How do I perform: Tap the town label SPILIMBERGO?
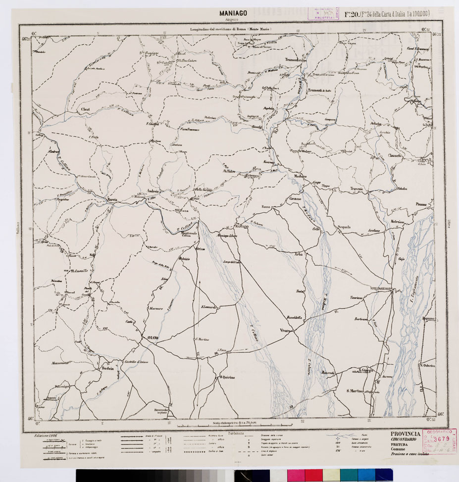(381, 288)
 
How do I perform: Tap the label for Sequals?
(344, 227)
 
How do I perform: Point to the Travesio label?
(357, 189)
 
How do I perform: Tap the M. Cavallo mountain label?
(79, 271)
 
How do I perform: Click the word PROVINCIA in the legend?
(406, 434)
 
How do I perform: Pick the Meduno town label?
(300, 176)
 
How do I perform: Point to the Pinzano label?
(421, 204)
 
